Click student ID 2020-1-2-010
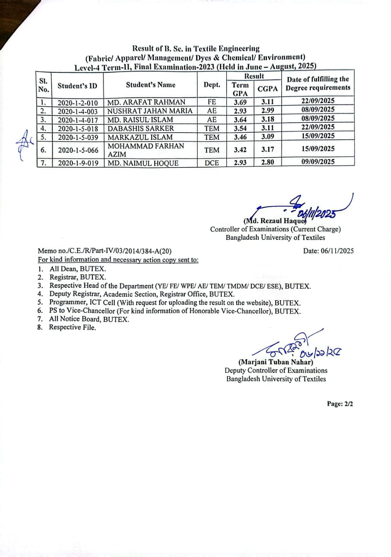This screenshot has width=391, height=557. point(78,103)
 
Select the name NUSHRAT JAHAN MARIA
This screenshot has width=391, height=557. point(150,111)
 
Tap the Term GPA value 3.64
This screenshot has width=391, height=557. point(241,120)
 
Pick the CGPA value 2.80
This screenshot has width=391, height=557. point(268,162)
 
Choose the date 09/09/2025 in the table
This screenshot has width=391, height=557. point(318,162)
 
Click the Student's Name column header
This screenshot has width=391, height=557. point(151,85)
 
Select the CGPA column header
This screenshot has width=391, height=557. point(268,89)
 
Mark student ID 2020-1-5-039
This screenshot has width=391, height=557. point(78,137)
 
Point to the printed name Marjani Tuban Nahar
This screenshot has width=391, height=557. point(275,362)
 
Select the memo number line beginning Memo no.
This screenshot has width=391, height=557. point(105,251)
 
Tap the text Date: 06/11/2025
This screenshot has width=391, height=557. point(328,251)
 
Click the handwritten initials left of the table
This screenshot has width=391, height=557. point(22,141)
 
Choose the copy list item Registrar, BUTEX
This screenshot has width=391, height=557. point(77,277)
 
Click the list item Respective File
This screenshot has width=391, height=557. point(72,328)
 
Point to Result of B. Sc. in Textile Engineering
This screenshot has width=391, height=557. point(196,49)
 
